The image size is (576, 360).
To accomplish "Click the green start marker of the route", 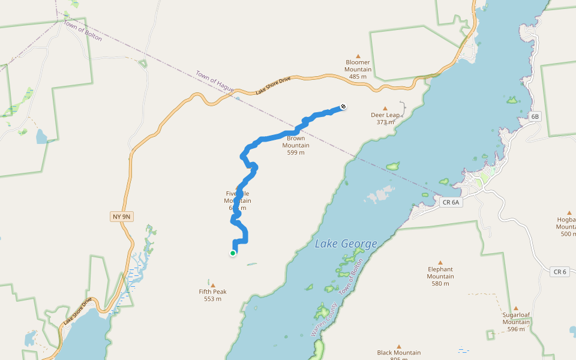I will [233, 253].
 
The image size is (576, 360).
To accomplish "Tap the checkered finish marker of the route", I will [343, 107].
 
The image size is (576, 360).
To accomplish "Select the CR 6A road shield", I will [450, 202].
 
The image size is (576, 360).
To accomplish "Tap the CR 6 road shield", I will [559, 272].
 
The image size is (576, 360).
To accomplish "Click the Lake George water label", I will [346, 244].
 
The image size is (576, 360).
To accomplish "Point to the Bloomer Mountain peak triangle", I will [358, 55].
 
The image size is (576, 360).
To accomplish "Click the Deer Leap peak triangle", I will [385, 109].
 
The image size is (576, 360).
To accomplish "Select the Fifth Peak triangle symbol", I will [212, 285].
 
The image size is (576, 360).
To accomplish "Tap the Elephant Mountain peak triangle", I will [440, 262].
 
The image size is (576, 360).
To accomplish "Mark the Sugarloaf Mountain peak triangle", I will [515, 308].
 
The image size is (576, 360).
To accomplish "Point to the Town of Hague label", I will [214, 82].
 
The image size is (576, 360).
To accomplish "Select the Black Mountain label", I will [398, 353].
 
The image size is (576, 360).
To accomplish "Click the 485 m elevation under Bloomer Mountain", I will [358, 77].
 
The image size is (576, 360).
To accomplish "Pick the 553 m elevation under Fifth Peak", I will [212, 299].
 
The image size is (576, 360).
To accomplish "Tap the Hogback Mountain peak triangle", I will [568, 212].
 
